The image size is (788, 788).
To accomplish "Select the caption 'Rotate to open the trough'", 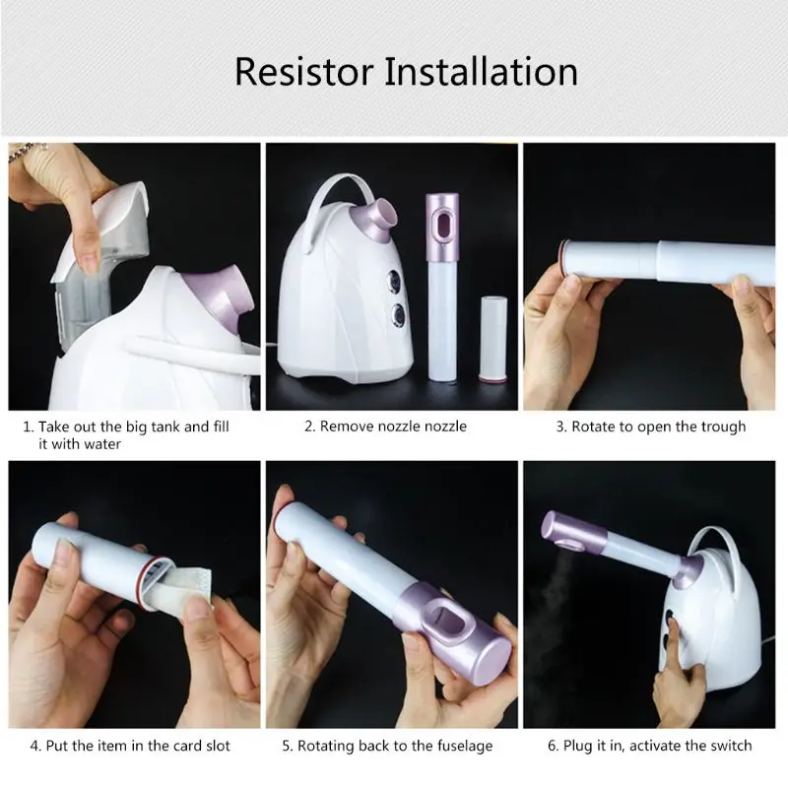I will pyautogui.click(x=651, y=427).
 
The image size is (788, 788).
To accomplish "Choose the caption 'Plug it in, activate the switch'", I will pyautogui.click(x=649, y=746).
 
